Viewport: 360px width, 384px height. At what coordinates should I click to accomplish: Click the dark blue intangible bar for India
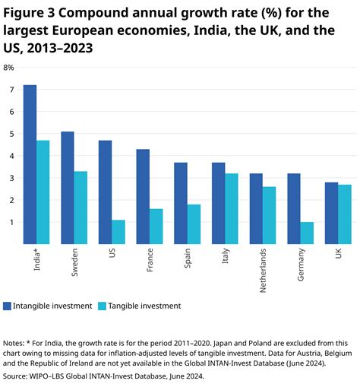30,164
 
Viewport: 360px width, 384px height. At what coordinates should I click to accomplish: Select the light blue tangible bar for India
43,192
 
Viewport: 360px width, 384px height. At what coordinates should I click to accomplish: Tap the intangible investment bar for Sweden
68,188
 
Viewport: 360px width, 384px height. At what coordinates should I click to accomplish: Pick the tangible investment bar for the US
118,232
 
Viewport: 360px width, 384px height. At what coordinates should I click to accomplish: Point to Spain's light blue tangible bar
193,224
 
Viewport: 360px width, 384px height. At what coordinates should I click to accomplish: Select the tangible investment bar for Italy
231,209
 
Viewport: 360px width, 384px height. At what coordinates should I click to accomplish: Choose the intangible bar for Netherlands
256,209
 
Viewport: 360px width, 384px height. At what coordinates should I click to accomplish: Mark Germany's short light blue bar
306,233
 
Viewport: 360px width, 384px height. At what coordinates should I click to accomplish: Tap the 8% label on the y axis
9,68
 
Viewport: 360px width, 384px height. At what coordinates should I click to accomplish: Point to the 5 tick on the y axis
11,134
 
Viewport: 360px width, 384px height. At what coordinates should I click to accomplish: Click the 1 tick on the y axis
11,222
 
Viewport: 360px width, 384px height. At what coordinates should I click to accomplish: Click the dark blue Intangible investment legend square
8,306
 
